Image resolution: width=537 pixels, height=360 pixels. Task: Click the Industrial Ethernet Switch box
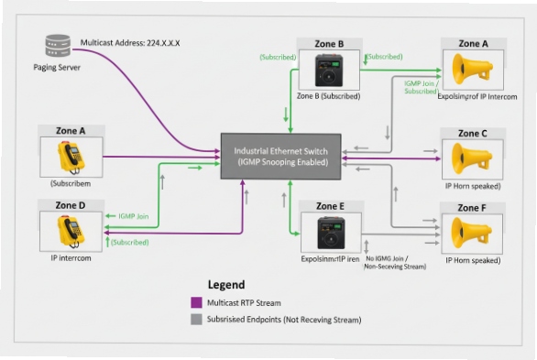(x=281, y=156)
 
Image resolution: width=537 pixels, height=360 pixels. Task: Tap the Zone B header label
(x=328, y=42)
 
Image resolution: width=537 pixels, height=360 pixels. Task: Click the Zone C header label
(x=473, y=133)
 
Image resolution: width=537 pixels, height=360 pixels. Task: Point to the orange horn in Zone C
(x=470, y=159)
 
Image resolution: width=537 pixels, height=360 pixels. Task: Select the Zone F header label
(x=473, y=208)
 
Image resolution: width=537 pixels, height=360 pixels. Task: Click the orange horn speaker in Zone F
(x=470, y=235)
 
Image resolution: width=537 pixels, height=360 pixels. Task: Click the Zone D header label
(x=70, y=205)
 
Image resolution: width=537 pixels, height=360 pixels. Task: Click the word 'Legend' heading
(x=227, y=285)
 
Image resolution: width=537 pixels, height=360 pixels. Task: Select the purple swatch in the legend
(x=195, y=302)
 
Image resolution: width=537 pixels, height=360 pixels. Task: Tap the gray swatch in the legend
(x=195, y=320)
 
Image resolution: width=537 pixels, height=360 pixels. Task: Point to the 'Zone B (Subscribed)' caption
(x=328, y=95)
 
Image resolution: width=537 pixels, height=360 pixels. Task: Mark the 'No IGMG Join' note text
(x=395, y=259)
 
